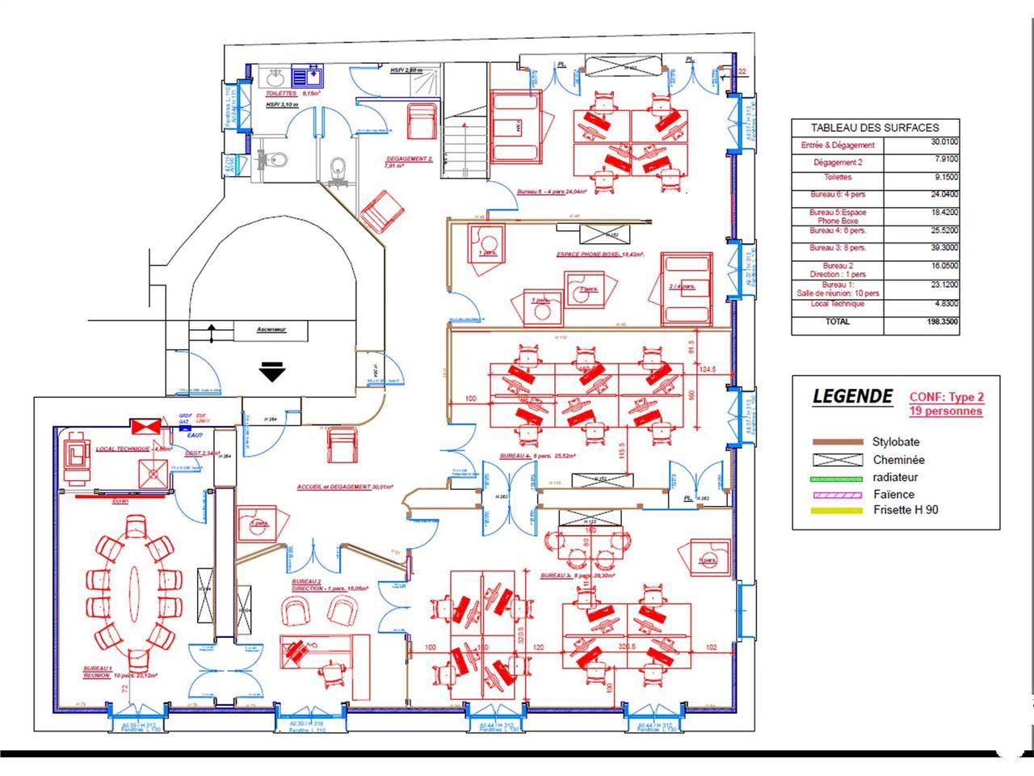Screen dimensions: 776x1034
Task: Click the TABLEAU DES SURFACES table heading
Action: point(875,128)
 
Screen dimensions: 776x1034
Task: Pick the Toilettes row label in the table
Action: point(838,177)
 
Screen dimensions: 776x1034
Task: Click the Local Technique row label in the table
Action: point(838,304)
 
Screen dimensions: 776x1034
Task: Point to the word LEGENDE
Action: point(852,396)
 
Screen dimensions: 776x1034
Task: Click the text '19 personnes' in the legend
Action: point(946,411)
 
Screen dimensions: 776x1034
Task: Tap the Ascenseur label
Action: point(271,330)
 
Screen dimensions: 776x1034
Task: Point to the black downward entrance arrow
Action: point(272,373)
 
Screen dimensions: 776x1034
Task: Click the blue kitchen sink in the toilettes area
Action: point(307,77)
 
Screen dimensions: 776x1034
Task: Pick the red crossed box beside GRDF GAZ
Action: point(146,426)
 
